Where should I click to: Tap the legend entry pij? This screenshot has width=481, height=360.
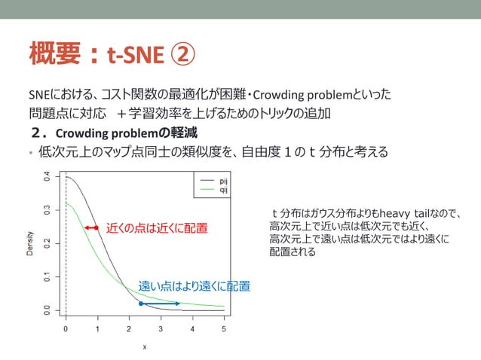(x=224, y=182)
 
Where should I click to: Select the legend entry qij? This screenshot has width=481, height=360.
(x=224, y=190)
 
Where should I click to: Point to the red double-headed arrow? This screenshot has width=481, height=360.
(x=91, y=227)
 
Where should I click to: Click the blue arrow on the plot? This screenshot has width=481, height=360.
(x=160, y=304)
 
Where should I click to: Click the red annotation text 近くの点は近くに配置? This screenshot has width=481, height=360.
(x=156, y=227)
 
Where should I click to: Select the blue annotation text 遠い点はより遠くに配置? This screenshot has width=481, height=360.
(x=194, y=286)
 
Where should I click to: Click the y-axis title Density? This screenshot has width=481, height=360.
(x=30, y=243)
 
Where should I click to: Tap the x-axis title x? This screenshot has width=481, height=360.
(x=145, y=347)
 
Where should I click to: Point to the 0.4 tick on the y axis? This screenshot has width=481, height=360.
(x=47, y=178)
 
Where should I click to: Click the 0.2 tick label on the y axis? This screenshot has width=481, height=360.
(x=47, y=244)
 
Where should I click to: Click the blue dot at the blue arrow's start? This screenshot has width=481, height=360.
(x=141, y=304)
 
